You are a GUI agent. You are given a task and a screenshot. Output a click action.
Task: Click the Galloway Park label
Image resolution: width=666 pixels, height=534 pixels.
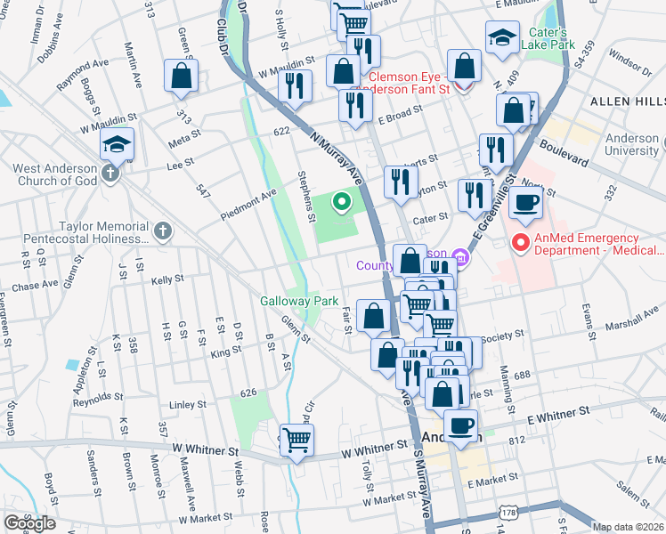pos(298,301)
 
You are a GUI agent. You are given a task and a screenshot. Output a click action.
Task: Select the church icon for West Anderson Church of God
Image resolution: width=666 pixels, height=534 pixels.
pos(110,172)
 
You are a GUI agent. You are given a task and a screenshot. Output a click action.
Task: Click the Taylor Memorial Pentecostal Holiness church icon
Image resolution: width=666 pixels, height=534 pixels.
pos(161,232)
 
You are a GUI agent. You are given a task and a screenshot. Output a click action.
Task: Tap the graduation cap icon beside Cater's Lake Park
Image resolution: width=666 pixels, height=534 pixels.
pos(502,36)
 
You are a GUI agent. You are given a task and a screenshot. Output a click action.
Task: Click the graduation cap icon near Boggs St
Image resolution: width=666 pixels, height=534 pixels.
pos(117,143)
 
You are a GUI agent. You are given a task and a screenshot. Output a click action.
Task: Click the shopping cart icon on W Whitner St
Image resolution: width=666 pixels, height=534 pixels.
pos(297,438)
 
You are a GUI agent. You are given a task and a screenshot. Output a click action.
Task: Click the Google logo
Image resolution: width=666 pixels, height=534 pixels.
pos(29,522)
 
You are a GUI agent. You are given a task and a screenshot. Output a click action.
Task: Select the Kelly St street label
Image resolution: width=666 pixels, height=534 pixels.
pos(166,279)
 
